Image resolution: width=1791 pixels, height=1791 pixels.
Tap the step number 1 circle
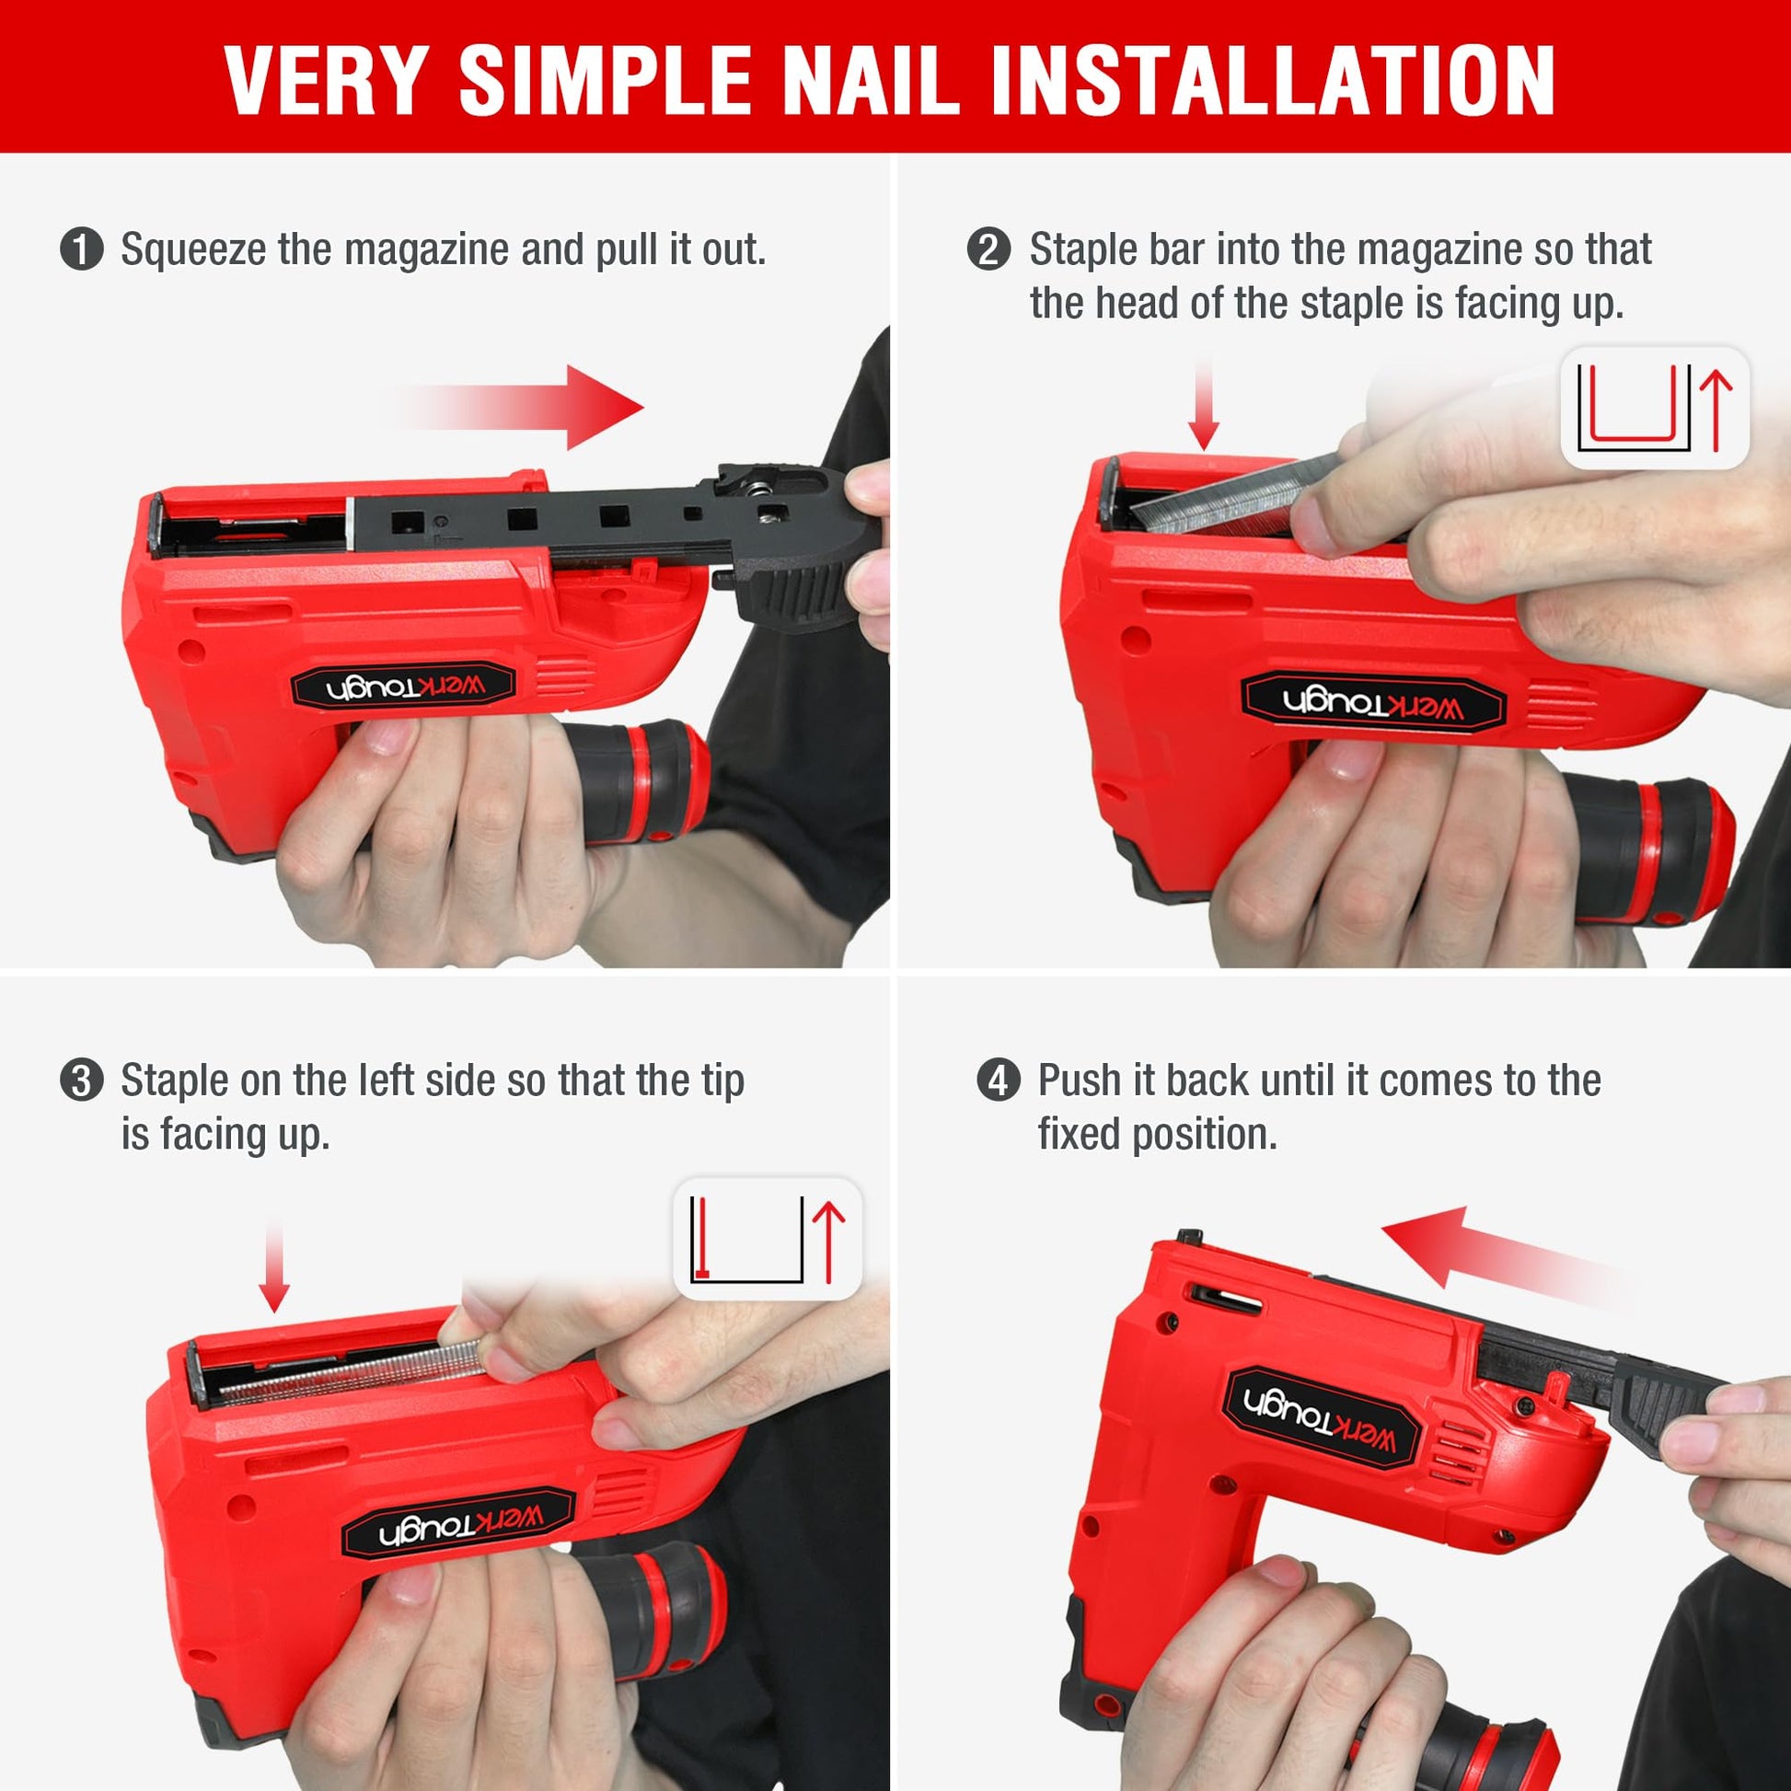tap(82, 250)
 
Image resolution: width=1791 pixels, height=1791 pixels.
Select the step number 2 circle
tap(989, 250)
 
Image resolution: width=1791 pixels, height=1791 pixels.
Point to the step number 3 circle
tap(82, 1080)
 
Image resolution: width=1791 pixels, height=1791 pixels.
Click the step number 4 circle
tap(999, 1080)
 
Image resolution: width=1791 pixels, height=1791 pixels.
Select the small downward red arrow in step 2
tap(1203, 405)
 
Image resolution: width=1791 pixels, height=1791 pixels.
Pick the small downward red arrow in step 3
tap(274, 1266)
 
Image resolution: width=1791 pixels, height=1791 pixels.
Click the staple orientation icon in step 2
tap(1656, 408)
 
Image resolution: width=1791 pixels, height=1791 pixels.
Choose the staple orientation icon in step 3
tap(768, 1239)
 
